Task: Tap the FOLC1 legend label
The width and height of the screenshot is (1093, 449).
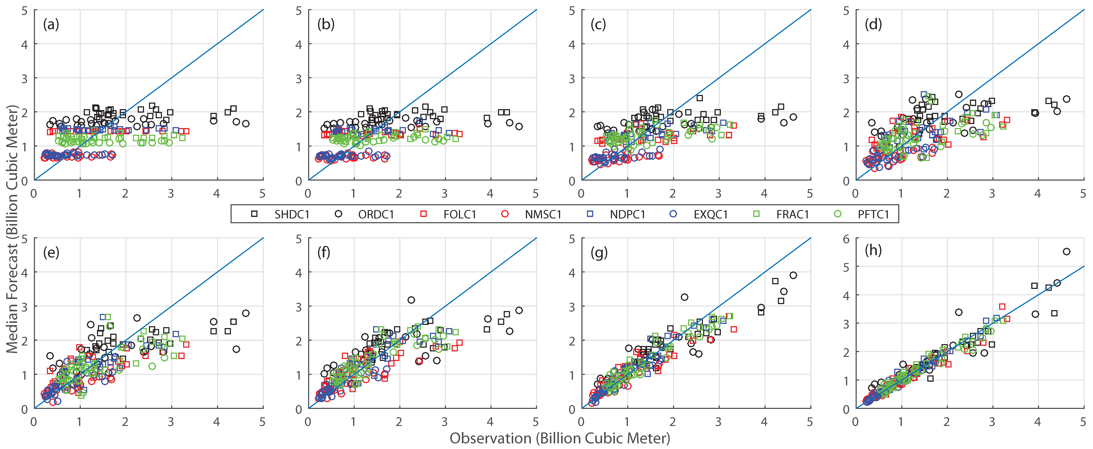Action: coord(459,215)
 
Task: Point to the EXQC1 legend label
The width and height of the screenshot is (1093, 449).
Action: coord(711,215)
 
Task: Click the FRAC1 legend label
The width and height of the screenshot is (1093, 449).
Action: coord(793,215)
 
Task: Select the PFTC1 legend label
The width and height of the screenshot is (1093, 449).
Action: coord(873,215)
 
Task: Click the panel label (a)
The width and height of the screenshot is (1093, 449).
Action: coord(51,25)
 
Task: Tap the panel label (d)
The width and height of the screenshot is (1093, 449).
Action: coord(873,25)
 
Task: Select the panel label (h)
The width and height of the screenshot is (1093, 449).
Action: coord(873,251)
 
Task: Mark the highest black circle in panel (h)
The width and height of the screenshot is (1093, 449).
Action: coord(1066,252)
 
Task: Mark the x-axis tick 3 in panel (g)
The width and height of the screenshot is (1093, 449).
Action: coord(718,422)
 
